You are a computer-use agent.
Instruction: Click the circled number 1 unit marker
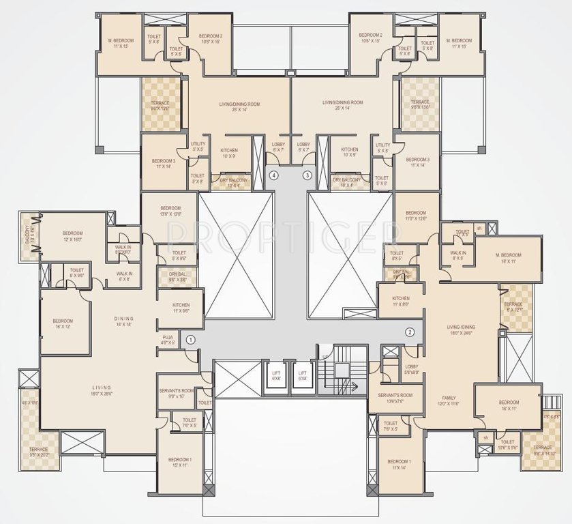[191, 338]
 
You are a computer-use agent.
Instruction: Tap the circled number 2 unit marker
[410, 332]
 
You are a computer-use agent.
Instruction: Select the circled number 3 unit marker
[307, 175]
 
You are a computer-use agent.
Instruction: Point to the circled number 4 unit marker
[273, 175]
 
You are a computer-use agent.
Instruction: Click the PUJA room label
[168, 340]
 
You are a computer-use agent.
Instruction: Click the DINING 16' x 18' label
[124, 322]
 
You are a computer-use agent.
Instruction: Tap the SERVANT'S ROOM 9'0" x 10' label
[176, 392]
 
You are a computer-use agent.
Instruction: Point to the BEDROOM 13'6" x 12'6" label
[170, 211]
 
